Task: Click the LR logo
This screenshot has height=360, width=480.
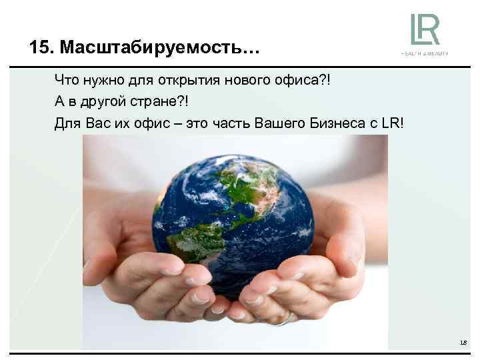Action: (425, 29)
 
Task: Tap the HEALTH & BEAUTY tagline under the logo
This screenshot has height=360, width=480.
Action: (425, 53)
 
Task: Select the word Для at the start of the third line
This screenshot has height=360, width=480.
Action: (66, 123)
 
